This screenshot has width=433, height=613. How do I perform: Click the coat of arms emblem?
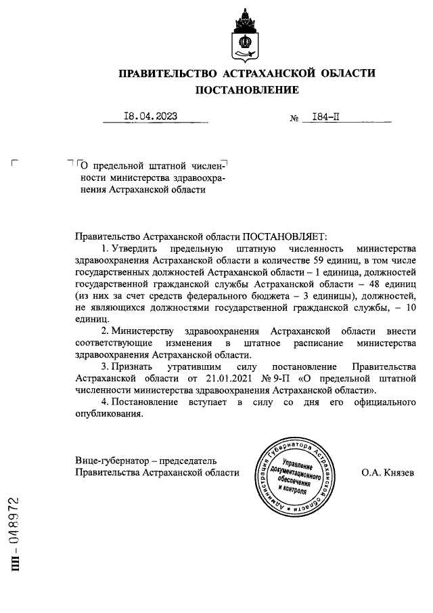246,36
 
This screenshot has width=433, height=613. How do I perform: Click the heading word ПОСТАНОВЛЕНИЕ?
246,89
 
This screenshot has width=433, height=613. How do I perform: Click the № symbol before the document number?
294,118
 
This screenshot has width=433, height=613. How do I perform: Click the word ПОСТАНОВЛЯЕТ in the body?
284,236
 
